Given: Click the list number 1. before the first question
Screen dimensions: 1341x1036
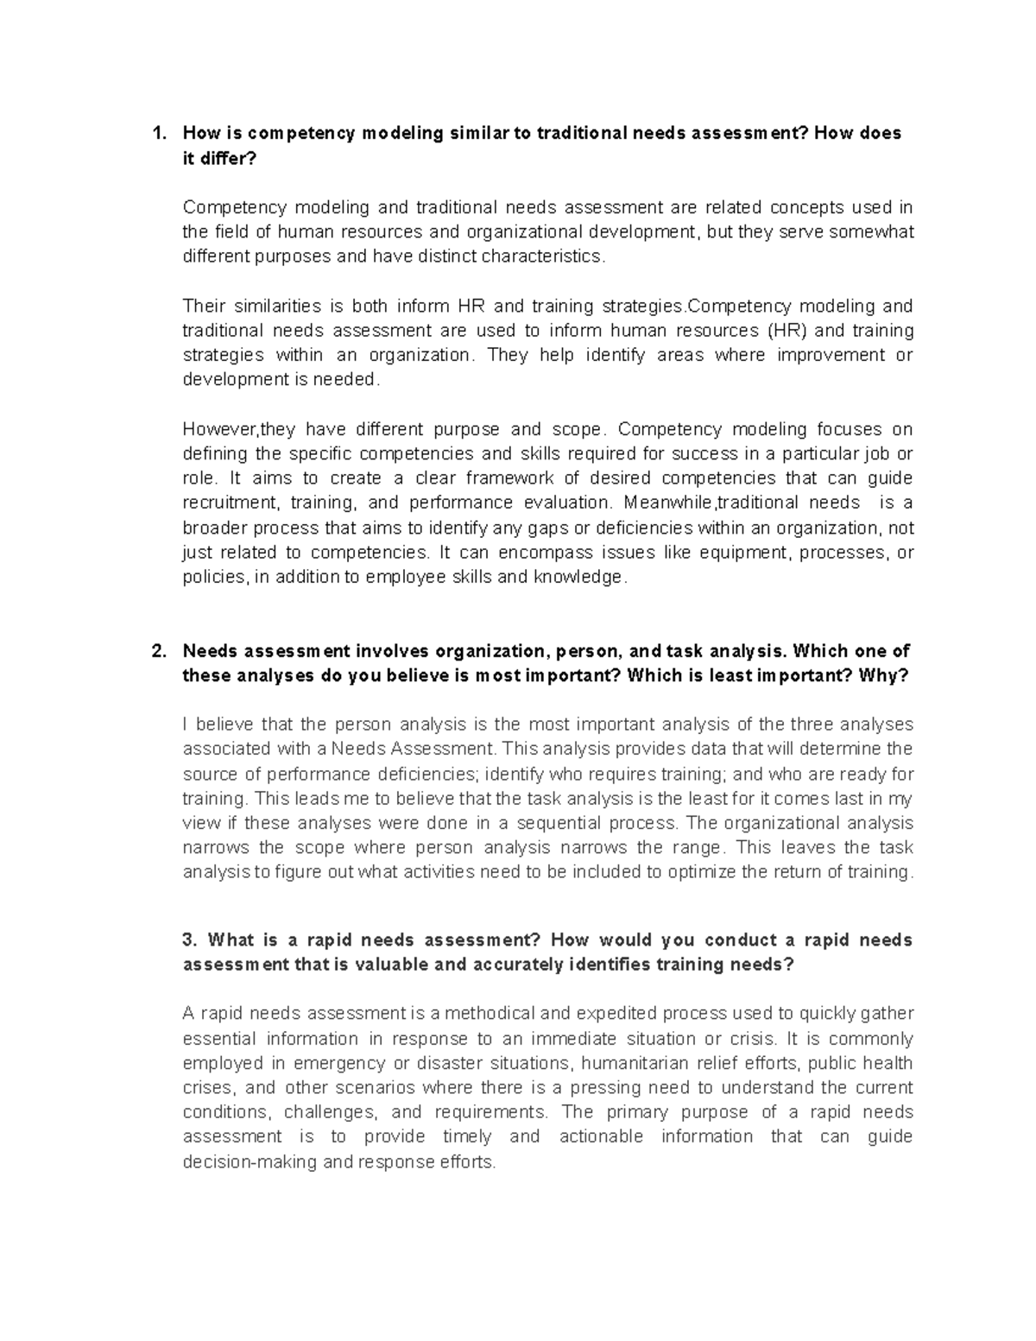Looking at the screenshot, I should (158, 133).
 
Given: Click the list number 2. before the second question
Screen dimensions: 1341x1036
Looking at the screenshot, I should (158, 651).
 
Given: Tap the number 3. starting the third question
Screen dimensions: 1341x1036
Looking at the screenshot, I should (191, 939).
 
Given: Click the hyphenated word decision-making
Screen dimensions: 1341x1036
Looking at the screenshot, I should (250, 1161).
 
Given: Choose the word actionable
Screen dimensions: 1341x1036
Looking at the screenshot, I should (601, 1136).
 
